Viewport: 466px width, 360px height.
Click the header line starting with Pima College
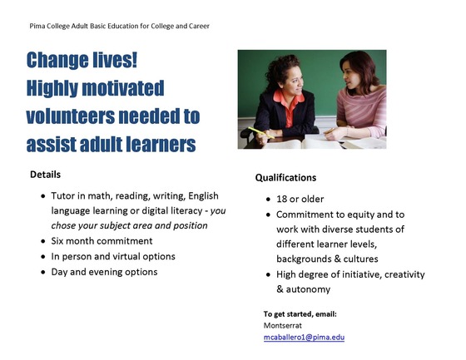coord(119,27)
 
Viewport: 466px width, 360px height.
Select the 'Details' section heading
coord(45,175)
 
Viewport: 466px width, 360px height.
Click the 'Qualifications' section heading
coord(285,178)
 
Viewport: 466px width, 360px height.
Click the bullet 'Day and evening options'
coord(104,272)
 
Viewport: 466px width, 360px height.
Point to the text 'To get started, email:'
coord(299,313)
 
